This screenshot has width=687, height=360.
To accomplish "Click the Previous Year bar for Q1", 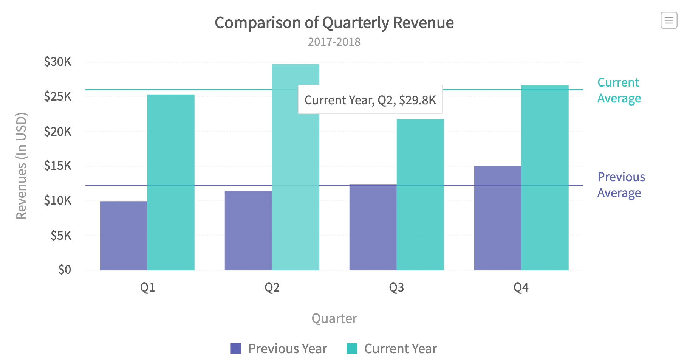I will pyautogui.click(x=124, y=236).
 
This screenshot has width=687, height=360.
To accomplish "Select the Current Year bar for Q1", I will pyautogui.click(x=171, y=182).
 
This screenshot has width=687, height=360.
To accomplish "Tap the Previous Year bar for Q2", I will pyautogui.click(x=248, y=230).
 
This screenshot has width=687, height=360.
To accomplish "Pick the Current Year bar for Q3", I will pyautogui.click(x=420, y=194).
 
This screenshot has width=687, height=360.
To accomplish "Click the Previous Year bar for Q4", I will pyautogui.click(x=498, y=218).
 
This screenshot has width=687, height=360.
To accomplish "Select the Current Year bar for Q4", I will pyautogui.click(x=545, y=177).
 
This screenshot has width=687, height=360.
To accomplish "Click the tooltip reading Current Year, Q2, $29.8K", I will pyautogui.click(x=370, y=100).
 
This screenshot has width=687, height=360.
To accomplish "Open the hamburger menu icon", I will pyautogui.click(x=668, y=20).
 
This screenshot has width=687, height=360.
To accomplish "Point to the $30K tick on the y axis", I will pyautogui.click(x=58, y=62).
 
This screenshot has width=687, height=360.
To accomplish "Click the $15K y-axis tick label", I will pyautogui.click(x=58, y=166).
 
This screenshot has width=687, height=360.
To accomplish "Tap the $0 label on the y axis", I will pyautogui.click(x=65, y=270).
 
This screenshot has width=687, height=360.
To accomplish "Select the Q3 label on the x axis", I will pyautogui.click(x=396, y=288).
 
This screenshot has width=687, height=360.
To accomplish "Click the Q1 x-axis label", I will pyautogui.click(x=147, y=288).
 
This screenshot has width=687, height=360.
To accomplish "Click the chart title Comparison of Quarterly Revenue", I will pyautogui.click(x=334, y=23).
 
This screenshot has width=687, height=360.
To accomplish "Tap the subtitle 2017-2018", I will pyautogui.click(x=334, y=42).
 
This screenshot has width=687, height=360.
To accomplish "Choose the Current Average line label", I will pyautogui.click(x=619, y=90).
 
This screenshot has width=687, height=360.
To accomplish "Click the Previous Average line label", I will pyautogui.click(x=621, y=185).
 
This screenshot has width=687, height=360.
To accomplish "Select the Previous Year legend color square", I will pyautogui.click(x=236, y=348).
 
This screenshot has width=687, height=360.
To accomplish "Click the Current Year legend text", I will pyautogui.click(x=400, y=348).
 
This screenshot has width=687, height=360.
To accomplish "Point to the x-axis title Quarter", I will pyautogui.click(x=334, y=318).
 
